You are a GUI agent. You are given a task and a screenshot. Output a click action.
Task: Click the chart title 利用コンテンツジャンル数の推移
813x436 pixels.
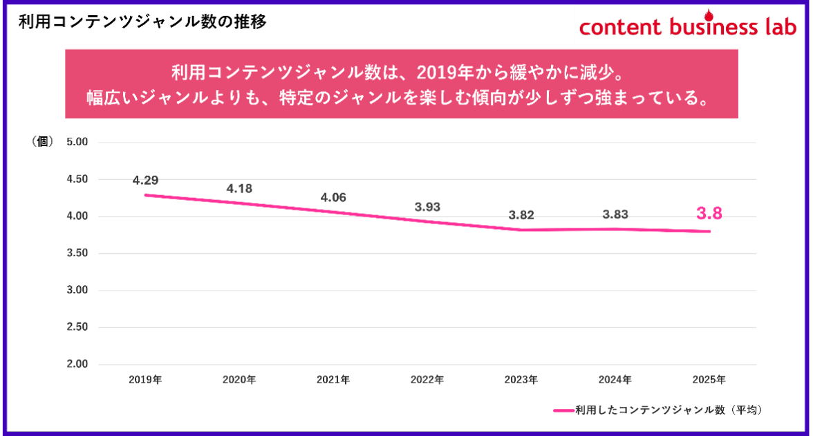(x=142, y=21)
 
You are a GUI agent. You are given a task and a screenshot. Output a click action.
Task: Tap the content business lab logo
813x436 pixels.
(x=687, y=26)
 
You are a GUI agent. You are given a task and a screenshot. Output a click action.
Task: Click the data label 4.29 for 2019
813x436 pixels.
(x=146, y=181)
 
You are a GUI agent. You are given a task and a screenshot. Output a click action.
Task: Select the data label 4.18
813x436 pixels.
(x=239, y=188)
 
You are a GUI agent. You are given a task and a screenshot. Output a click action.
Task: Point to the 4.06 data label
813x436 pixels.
(x=333, y=197)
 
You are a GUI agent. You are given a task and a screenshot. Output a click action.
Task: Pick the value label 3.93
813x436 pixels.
(x=427, y=207)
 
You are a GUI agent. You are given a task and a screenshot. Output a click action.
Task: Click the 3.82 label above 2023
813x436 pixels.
(x=521, y=215)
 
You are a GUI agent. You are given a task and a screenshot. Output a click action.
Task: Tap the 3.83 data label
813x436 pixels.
(x=615, y=215)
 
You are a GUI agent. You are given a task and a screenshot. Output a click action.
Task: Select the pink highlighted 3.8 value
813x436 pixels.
(x=709, y=214)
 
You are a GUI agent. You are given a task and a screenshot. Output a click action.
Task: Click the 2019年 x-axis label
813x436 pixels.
(x=145, y=380)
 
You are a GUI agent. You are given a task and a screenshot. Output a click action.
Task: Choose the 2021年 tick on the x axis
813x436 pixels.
(x=333, y=380)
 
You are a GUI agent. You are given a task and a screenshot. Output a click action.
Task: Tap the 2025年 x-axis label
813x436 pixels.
(x=709, y=380)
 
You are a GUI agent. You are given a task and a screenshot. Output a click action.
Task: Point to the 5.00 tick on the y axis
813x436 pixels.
(x=77, y=143)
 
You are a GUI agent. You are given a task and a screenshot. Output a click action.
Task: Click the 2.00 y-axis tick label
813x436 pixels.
(x=77, y=364)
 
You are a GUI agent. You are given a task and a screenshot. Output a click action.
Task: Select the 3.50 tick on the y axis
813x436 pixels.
(x=77, y=253)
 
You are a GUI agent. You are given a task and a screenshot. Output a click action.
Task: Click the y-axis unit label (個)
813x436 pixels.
(x=42, y=142)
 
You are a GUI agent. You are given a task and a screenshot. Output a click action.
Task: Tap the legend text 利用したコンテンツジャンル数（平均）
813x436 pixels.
(x=668, y=410)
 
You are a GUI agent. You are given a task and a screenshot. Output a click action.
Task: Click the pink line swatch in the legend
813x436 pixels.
(x=564, y=410)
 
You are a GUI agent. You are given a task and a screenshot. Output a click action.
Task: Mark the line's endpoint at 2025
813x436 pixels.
(x=709, y=231)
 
